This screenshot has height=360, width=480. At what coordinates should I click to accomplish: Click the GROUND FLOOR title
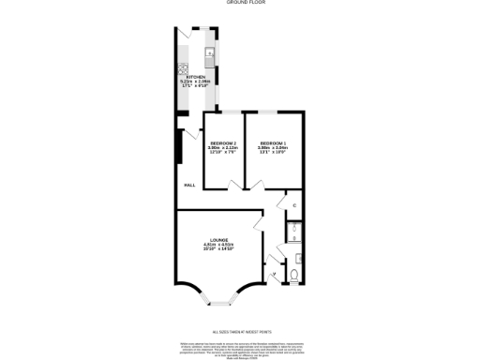[x=239, y=4]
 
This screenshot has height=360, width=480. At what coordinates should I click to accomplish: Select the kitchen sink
[x=212, y=55]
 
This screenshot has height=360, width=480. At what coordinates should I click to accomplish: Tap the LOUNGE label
[x=219, y=241]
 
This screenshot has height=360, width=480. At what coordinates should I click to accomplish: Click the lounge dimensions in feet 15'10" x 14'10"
[x=219, y=250]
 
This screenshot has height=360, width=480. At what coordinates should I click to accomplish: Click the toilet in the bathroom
[x=294, y=276]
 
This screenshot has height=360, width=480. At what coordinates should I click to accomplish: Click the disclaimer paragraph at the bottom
[x=239, y=350]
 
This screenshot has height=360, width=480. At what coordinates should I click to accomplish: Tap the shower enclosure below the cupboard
[x=293, y=230]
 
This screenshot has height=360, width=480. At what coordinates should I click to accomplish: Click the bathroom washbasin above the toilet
[x=295, y=256]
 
